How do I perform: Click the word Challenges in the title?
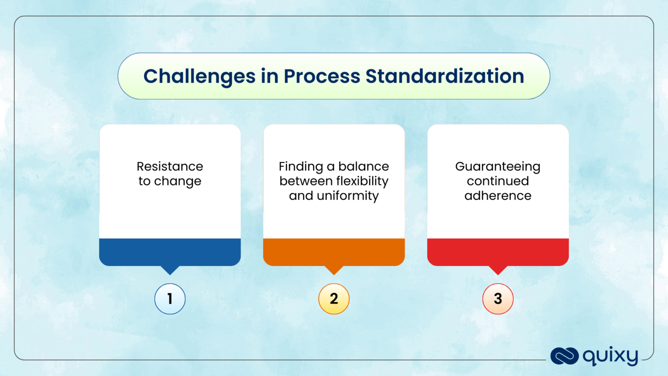point(199,77)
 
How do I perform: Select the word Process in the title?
point(322,77)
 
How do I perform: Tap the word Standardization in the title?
point(444,77)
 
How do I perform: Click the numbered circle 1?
point(170,299)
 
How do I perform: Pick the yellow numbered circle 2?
point(334,299)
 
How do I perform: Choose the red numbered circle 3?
point(498,299)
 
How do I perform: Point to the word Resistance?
point(170,167)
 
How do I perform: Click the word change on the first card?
point(177,181)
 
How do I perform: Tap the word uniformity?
point(348,196)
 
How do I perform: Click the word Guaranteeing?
point(498,167)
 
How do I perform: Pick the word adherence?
point(498,196)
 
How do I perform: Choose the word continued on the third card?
point(498,181)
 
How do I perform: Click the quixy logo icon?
point(564,356)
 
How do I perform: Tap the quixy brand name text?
point(610,356)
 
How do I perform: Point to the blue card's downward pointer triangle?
point(170,270)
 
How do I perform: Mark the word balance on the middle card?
point(364,167)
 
